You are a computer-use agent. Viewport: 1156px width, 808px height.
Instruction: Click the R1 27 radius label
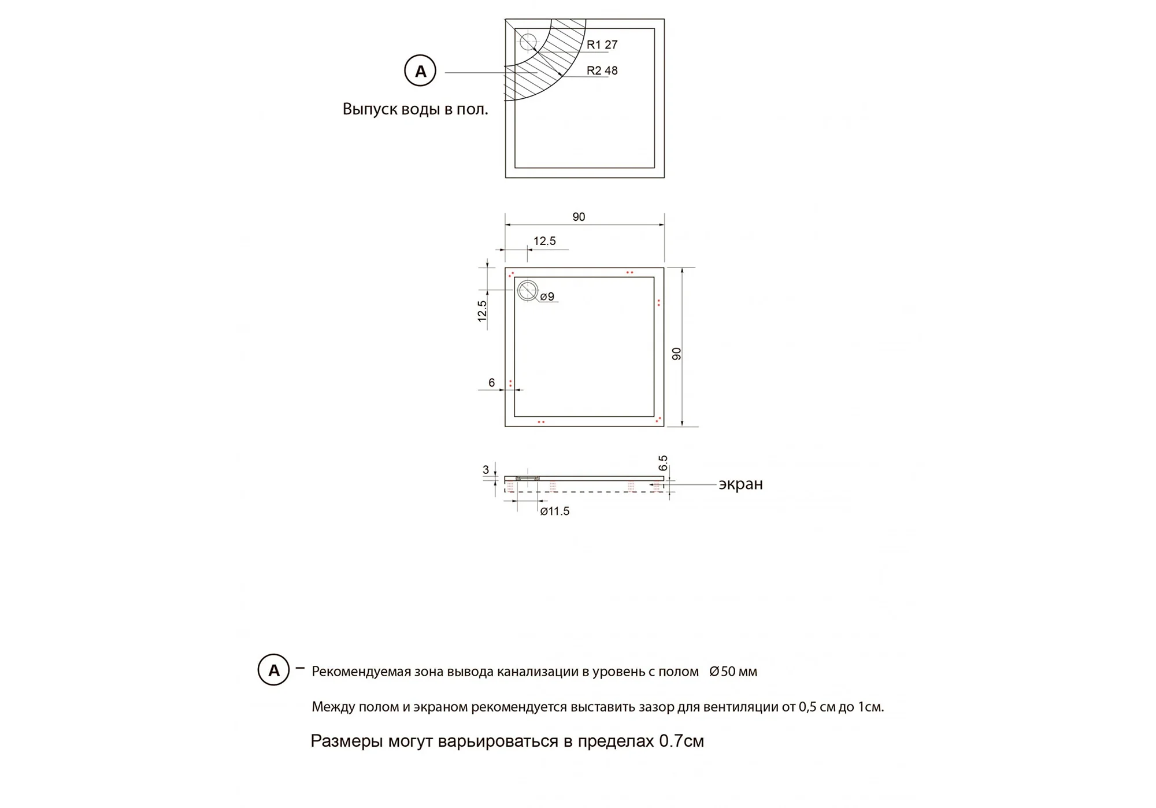click(602, 45)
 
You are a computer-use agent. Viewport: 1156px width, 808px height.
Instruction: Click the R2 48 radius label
click(602, 71)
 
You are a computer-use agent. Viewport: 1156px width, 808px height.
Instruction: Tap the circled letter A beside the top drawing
click(420, 71)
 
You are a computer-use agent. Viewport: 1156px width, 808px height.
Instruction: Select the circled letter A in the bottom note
click(273, 670)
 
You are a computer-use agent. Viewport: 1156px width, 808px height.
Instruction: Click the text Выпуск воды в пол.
click(415, 109)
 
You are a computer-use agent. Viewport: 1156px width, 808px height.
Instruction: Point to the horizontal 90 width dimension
click(579, 217)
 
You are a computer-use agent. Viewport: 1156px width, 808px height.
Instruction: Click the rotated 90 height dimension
click(677, 354)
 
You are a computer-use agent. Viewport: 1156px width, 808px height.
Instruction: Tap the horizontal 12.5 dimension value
click(544, 241)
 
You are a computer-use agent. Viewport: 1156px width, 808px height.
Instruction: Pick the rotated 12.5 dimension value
click(482, 311)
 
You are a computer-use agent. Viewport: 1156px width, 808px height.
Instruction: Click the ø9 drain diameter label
click(547, 296)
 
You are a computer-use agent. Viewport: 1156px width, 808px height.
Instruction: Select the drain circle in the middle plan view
click(527, 291)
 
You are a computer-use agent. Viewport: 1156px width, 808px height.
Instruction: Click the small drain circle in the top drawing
click(528, 42)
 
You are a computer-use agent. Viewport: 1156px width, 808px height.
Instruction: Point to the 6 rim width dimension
click(491, 383)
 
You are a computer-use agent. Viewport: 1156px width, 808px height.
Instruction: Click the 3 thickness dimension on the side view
click(486, 470)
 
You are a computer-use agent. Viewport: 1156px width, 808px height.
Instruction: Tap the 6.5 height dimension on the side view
click(663, 463)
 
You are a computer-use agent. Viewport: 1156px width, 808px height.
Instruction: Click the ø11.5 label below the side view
click(554, 511)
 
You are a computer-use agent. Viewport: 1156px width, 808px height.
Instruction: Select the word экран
click(740, 484)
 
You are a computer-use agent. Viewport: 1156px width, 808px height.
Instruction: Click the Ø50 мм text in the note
click(733, 672)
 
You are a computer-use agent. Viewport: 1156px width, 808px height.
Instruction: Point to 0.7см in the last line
click(681, 741)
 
